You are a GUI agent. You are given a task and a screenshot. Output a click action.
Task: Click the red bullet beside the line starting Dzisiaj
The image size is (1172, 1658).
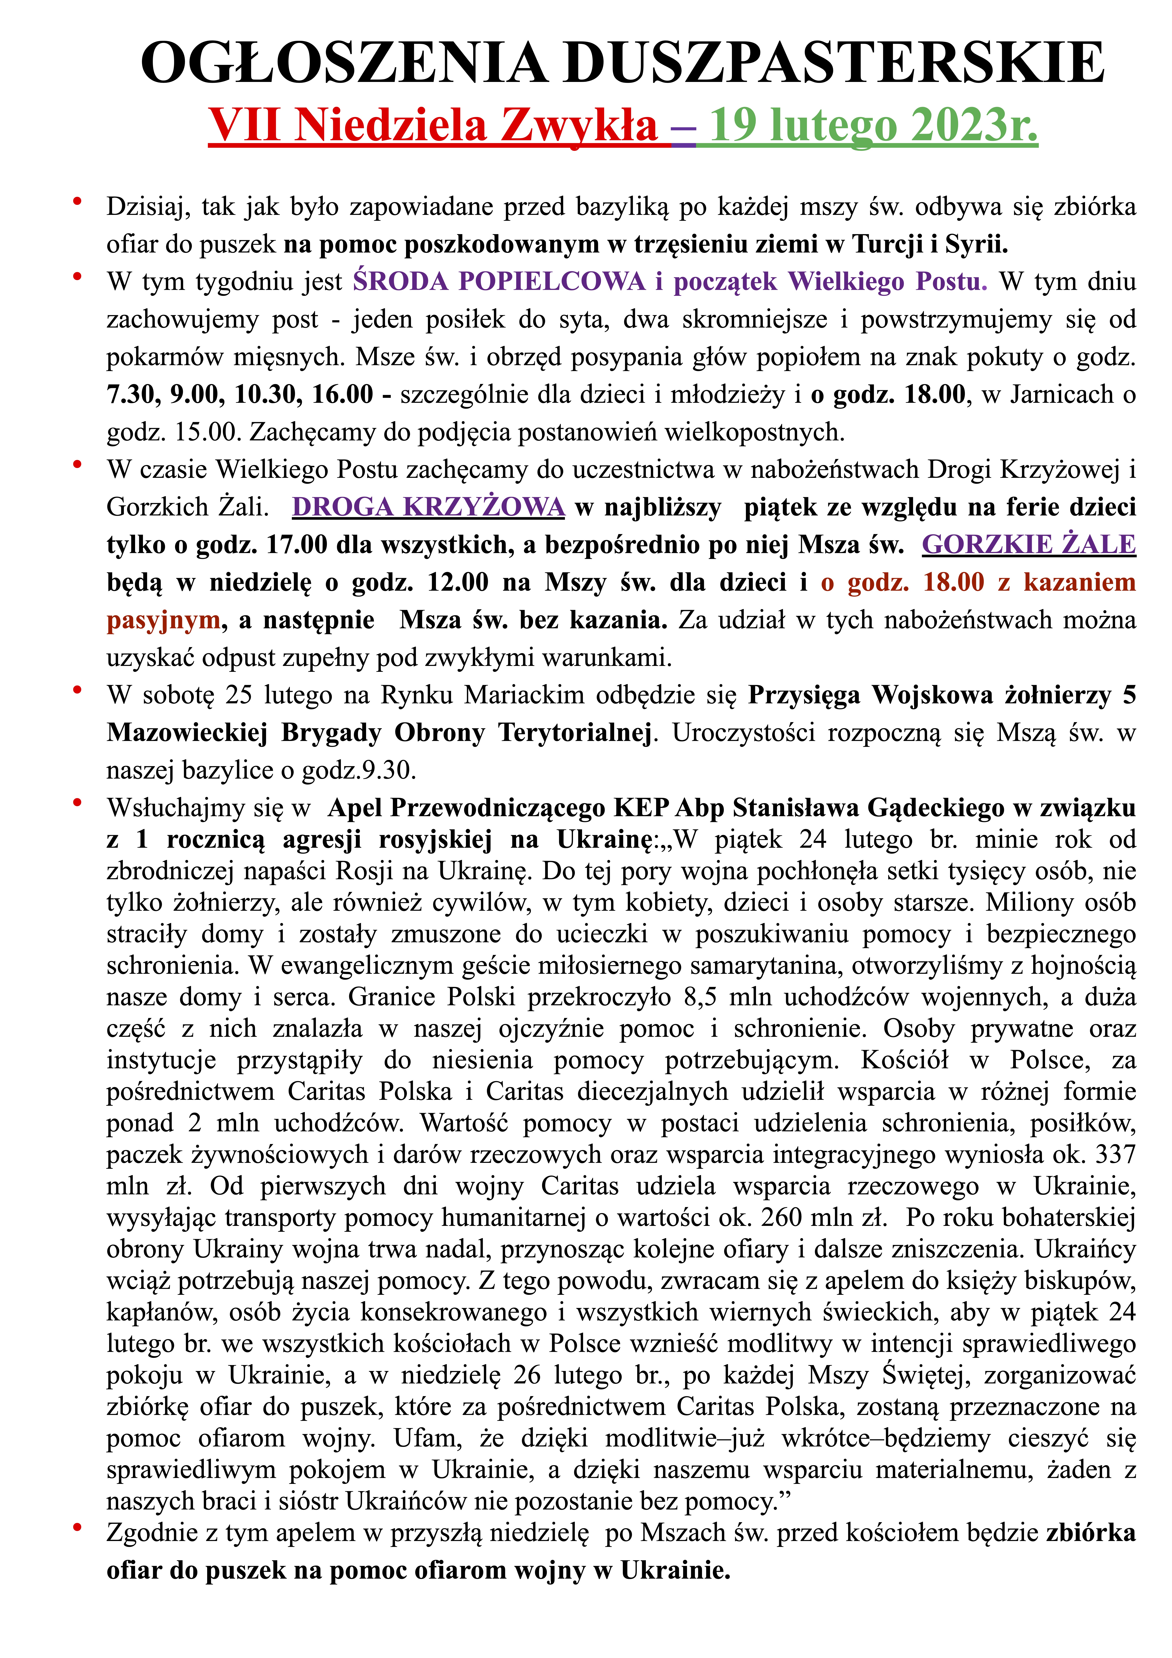[77, 201]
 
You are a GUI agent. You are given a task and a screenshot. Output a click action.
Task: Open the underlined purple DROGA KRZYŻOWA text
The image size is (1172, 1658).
[428, 507]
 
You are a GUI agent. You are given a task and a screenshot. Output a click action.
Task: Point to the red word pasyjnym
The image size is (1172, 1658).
[163, 620]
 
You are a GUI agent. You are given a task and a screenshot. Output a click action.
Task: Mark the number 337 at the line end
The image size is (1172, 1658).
[1115, 1154]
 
